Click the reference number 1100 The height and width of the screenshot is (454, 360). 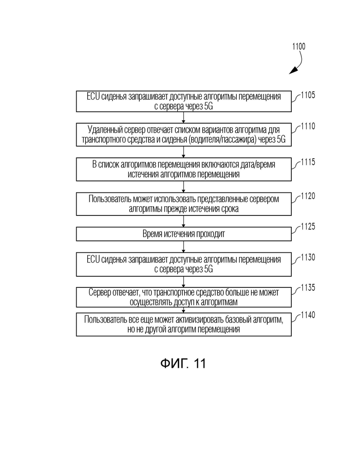click(299, 46)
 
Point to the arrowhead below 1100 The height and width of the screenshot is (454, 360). click(294, 70)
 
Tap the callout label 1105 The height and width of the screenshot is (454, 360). click(308, 95)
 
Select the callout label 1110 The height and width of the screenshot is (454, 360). click(308, 126)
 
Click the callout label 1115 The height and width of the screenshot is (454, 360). click(308, 162)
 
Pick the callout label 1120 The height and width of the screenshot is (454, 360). click(308, 196)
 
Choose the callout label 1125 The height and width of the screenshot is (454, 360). click(308, 227)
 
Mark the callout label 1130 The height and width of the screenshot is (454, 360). click(308, 257)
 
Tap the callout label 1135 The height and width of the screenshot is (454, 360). click(308, 287)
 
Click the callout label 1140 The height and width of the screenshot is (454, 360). click(308, 315)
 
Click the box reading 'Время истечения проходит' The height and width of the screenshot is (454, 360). click(184, 234)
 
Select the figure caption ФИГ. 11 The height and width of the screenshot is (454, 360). click(183, 363)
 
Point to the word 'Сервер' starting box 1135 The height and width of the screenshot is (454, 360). click(99, 293)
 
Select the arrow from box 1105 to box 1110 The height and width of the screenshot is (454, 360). click(183, 118)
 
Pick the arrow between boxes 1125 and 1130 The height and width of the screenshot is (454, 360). click(183, 247)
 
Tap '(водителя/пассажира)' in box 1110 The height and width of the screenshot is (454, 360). click(222, 140)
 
